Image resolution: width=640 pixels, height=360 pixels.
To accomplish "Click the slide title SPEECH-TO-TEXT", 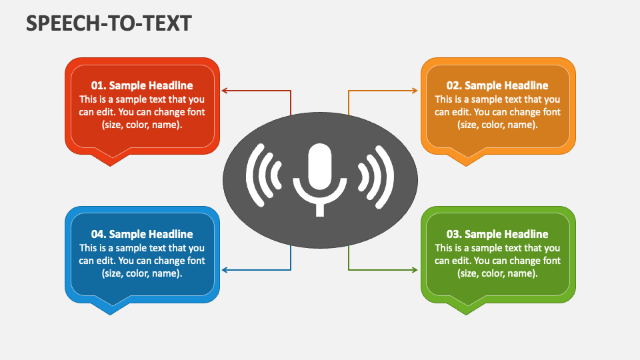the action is (x=109, y=23).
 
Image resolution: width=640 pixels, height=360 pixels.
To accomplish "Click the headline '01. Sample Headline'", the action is (x=142, y=85).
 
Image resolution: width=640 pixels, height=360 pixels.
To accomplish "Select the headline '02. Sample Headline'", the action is (x=497, y=85).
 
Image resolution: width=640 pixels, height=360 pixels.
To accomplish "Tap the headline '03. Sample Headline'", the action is (x=497, y=234).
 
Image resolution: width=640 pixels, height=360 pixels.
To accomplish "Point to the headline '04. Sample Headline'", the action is (x=142, y=234).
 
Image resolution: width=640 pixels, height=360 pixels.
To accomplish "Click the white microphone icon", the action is (x=319, y=179).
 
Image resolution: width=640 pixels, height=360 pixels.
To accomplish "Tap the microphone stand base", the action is (x=320, y=210).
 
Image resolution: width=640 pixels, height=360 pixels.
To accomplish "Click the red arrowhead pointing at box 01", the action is (x=224, y=91).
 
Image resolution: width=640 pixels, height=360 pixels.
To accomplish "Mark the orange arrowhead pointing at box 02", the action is (x=415, y=91).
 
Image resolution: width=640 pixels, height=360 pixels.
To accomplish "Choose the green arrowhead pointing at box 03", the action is (x=415, y=270).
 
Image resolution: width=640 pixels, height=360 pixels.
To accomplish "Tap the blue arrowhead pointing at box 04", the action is (x=224, y=270).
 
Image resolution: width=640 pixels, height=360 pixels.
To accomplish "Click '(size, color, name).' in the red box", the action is (x=142, y=125).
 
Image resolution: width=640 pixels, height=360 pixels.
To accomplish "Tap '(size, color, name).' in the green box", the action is (x=497, y=273).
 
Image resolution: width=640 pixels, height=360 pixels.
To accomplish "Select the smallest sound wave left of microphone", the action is (x=275, y=175).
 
